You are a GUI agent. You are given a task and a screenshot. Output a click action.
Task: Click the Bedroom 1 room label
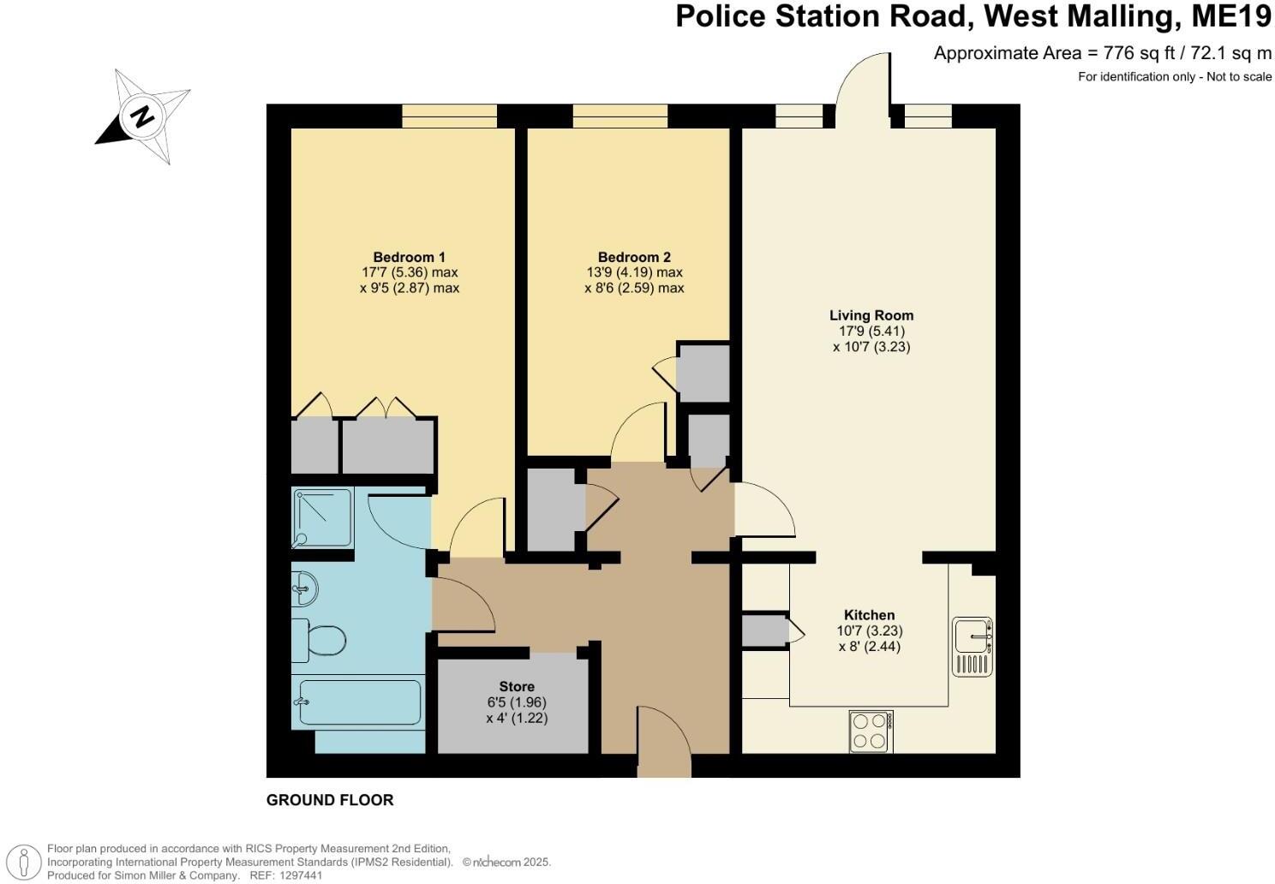pyautogui.click(x=409, y=257)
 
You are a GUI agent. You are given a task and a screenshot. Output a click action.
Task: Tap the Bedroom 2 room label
pyautogui.click(x=634, y=257)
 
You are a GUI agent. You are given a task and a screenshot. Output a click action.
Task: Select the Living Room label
pyautogui.click(x=871, y=315)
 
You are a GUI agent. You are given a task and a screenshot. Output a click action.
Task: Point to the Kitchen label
pyautogui.click(x=869, y=615)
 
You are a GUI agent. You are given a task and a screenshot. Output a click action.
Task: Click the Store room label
pyautogui.click(x=517, y=686)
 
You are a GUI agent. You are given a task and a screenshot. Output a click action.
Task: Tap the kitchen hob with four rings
pyautogui.click(x=871, y=732)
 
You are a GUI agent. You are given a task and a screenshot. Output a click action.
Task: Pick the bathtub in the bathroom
pyautogui.click(x=358, y=702)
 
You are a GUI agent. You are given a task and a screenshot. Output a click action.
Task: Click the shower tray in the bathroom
pyautogui.click(x=322, y=517)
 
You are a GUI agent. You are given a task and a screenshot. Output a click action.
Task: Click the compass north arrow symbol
pyautogui.click(x=143, y=116)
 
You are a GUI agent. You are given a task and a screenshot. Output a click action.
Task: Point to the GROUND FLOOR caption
pyautogui.click(x=330, y=800)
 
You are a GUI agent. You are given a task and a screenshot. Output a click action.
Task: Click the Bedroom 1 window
pyautogui.click(x=450, y=116)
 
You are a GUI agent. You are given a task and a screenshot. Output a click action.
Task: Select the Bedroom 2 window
pyautogui.click(x=620, y=116)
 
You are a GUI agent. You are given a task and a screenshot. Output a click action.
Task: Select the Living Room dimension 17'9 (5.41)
pyautogui.click(x=871, y=331)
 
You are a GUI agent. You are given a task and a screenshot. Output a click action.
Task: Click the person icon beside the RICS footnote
pyautogui.click(x=29, y=860)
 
